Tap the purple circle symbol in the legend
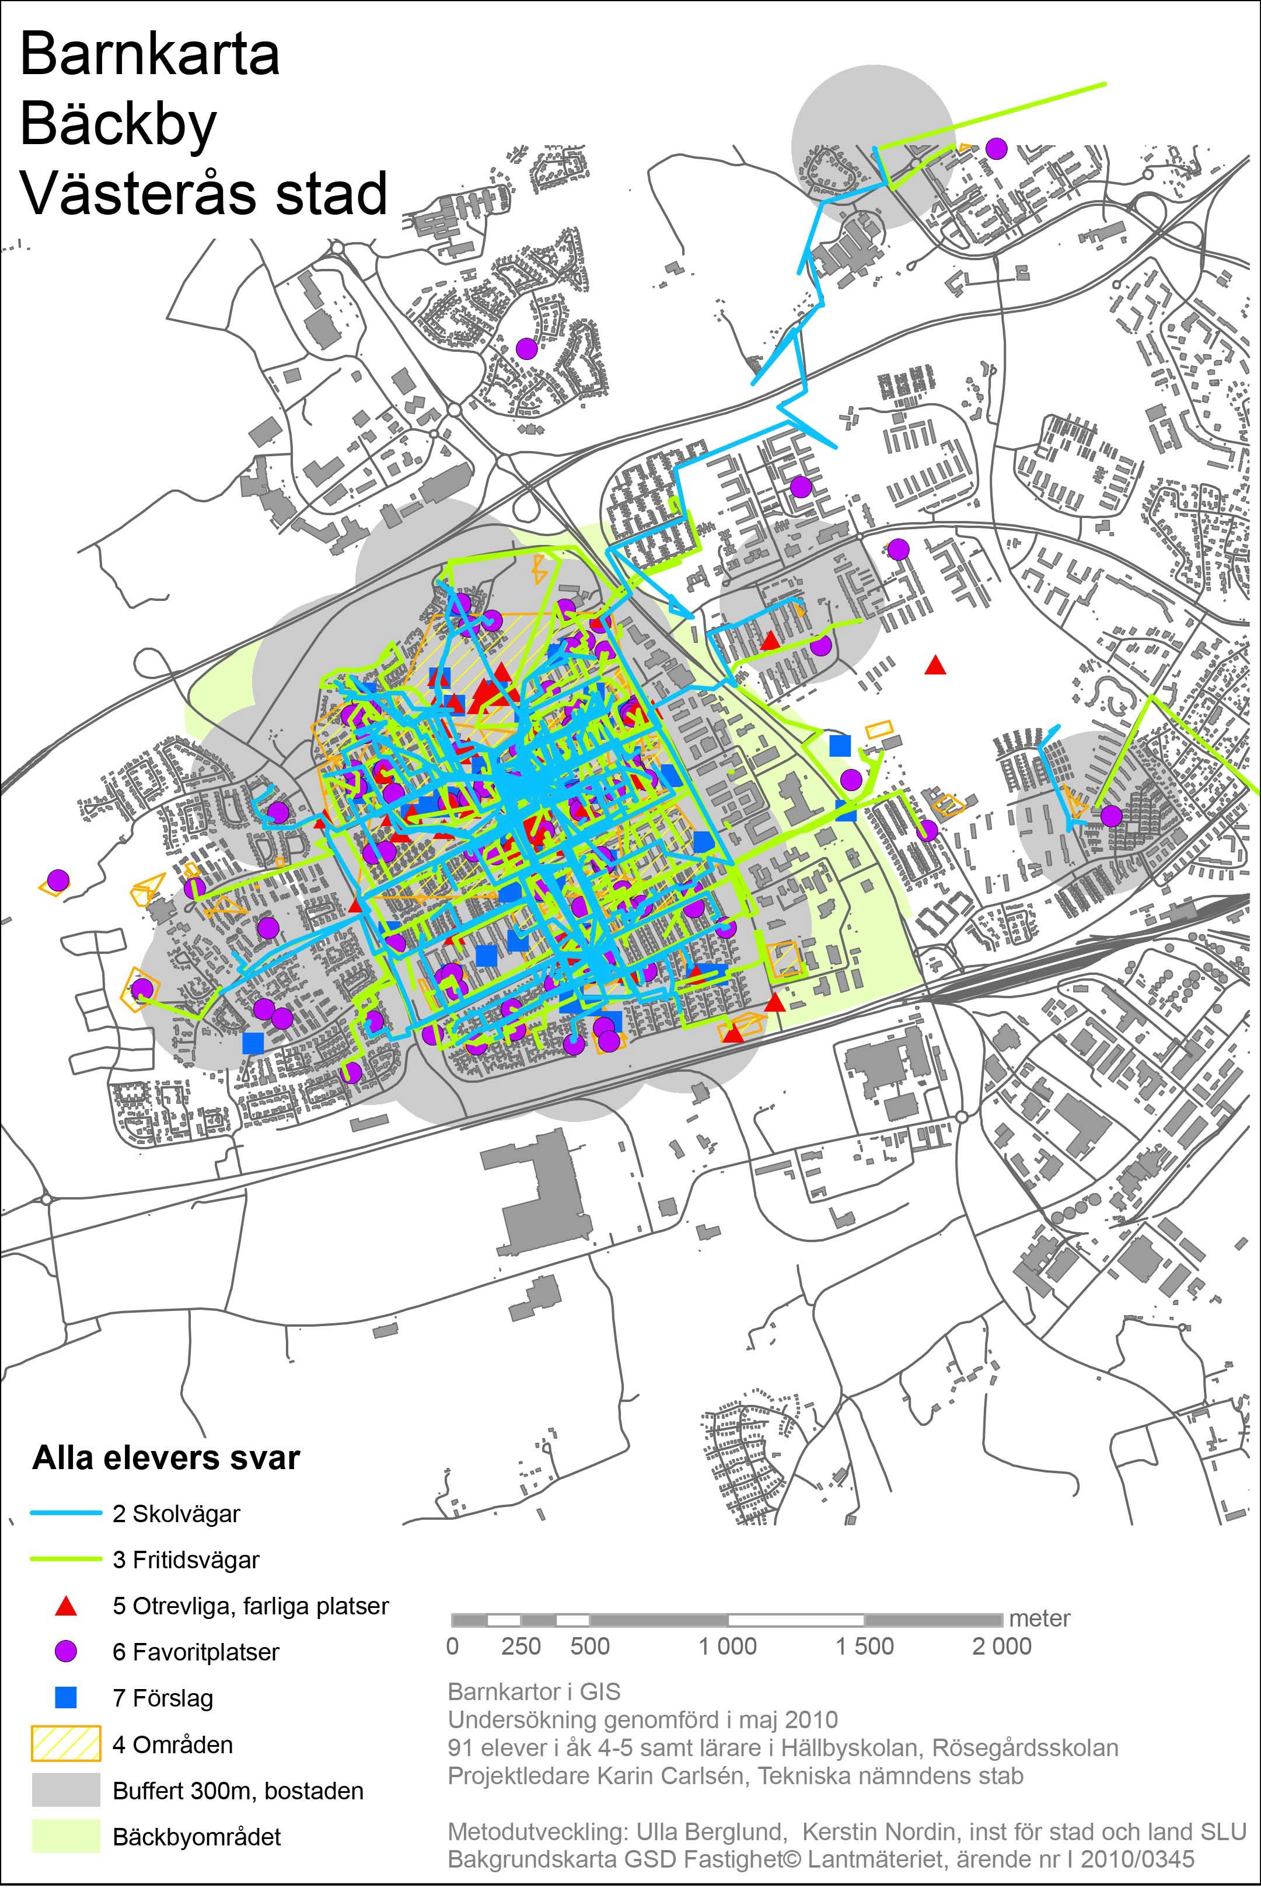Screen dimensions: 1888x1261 coord(66,1652)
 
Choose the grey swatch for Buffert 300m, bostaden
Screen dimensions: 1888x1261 coord(66,1790)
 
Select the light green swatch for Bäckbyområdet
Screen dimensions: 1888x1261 coord(66,1835)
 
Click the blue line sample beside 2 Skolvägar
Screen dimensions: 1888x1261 coord(66,1514)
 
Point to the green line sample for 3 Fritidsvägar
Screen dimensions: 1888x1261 coord(66,1560)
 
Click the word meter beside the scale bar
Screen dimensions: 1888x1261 coord(1039,1618)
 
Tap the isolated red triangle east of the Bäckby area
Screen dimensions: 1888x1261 coord(934,666)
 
